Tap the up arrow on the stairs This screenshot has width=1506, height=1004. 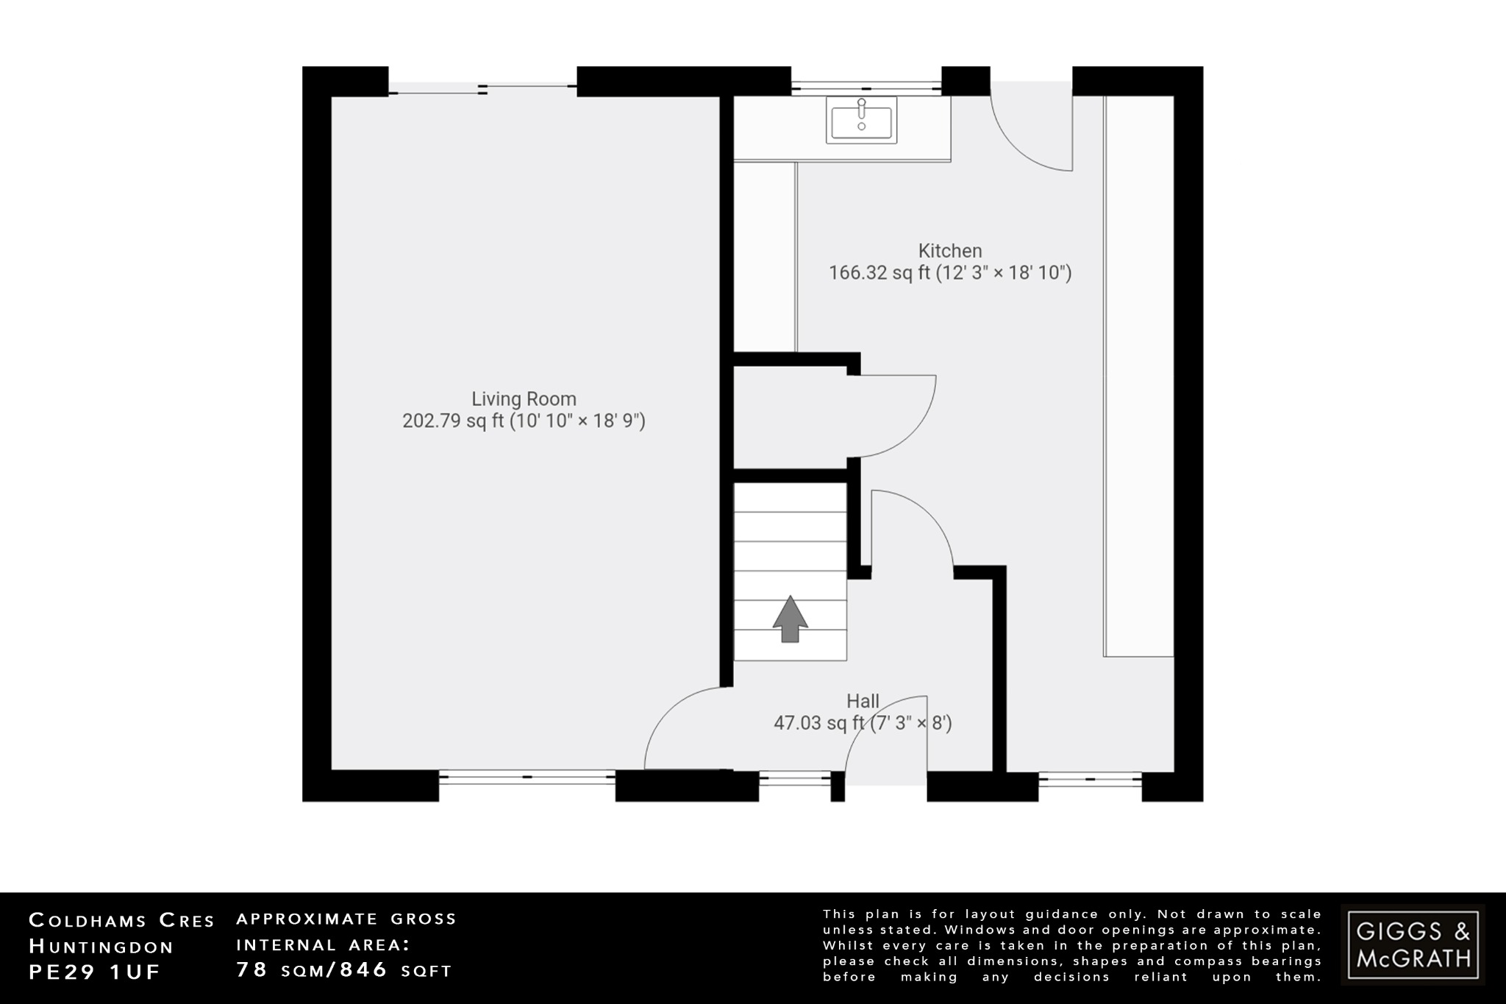[790, 619]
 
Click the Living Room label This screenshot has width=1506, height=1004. [524, 399]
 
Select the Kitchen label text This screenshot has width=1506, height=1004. [950, 251]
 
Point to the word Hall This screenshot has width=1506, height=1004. [863, 701]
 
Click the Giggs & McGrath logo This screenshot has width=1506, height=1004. [1413, 944]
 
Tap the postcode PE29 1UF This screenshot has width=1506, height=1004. [95, 972]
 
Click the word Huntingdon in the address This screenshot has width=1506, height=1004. [101, 947]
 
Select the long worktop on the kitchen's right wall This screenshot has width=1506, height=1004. [1138, 375]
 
